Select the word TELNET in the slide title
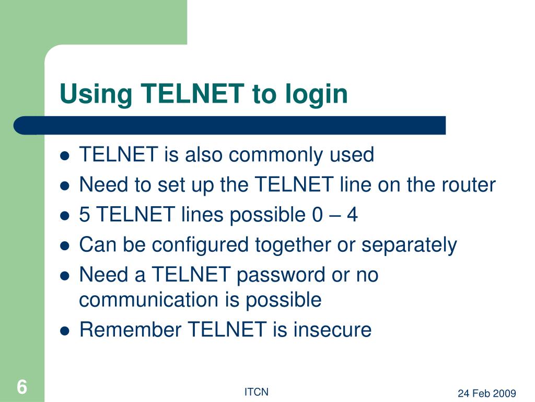point(193,94)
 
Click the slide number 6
point(21,388)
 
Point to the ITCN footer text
point(256,392)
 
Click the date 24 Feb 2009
point(487,394)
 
